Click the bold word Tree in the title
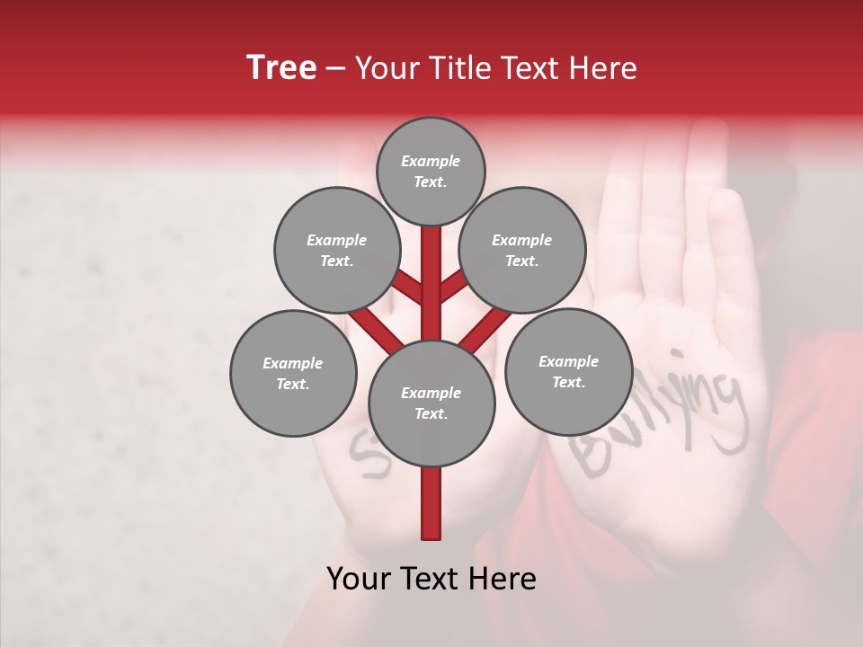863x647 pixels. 281,68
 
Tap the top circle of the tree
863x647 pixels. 431,171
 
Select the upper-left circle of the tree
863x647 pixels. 337,251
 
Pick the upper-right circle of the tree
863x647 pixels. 522,251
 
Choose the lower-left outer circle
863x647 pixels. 293,374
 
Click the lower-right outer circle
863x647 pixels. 568,372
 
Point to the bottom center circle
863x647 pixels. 431,403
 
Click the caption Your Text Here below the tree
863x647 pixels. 431,579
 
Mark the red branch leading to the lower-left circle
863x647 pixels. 373,325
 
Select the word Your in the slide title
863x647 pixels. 386,68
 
